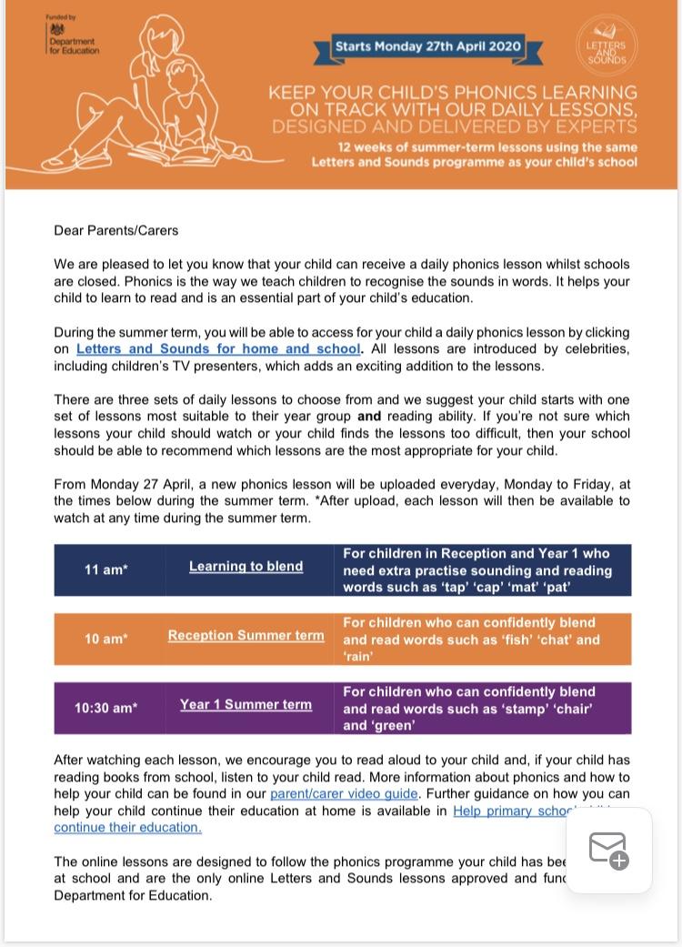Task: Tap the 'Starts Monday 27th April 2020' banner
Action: pos(427,46)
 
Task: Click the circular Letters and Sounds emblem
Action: pos(607,46)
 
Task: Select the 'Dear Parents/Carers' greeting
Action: pos(115,231)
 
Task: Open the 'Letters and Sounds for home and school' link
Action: pos(218,349)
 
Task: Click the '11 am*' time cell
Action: pos(106,570)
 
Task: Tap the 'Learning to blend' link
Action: pos(246,567)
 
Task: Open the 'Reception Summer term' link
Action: pos(246,636)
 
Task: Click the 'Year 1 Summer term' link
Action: pos(246,705)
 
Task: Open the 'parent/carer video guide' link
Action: pos(344,794)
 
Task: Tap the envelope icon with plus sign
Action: pos(608,851)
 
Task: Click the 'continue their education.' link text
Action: pos(127,828)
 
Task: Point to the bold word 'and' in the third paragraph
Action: pos(368,417)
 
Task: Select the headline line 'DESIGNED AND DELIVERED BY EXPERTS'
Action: pos(455,126)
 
